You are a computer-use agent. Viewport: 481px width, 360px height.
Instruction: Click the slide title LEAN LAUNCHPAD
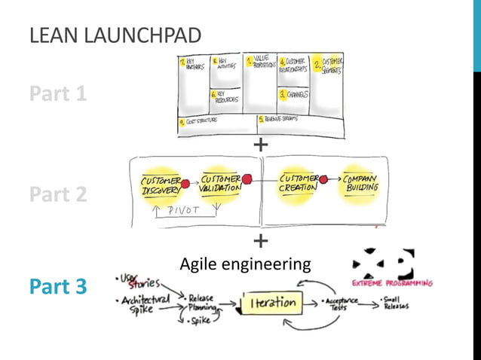(115, 35)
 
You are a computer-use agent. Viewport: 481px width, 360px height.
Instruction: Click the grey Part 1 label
(58, 94)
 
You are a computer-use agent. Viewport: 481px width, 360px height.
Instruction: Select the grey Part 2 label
(58, 194)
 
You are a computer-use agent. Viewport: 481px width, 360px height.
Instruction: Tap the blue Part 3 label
(58, 287)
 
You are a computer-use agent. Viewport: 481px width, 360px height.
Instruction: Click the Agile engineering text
(245, 264)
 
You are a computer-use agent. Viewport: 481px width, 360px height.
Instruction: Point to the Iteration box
(271, 303)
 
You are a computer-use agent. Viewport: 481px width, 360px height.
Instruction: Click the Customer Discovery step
(161, 185)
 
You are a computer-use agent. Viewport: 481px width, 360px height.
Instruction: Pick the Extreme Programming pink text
(394, 284)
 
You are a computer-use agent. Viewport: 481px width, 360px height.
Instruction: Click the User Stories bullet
(140, 282)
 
